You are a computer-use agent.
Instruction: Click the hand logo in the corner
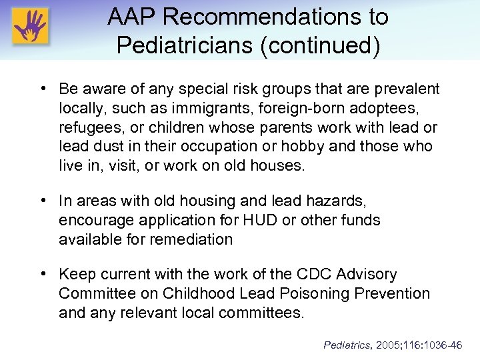(30, 29)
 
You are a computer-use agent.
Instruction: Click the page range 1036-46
(446, 345)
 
